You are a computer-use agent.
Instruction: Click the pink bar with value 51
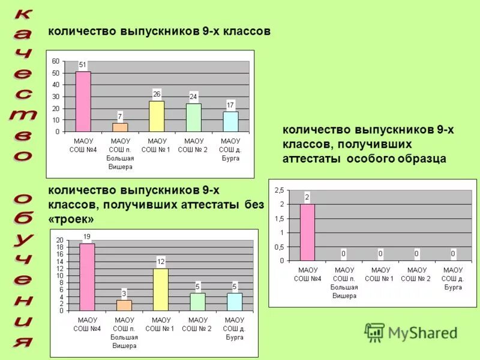[x=83, y=101]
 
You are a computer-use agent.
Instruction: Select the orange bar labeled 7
[x=120, y=127]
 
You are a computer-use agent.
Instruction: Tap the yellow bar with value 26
[x=157, y=116]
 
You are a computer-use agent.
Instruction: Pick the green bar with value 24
[x=193, y=118]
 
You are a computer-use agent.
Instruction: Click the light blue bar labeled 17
[x=230, y=121]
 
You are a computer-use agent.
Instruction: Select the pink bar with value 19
[x=87, y=277]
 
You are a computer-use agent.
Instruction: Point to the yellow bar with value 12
[x=160, y=289]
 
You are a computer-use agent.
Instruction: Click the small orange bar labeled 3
[x=124, y=305]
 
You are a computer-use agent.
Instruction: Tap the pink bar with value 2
[x=307, y=232]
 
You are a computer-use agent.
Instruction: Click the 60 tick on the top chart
[x=56, y=61]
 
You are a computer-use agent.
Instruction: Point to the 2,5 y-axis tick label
[x=279, y=190]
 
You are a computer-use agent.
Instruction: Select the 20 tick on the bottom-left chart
[x=59, y=241]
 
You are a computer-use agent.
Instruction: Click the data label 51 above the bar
[x=83, y=65]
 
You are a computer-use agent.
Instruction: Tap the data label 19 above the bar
[x=87, y=236]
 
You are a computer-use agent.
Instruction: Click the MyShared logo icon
[x=375, y=332]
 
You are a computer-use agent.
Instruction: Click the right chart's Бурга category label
[x=453, y=287]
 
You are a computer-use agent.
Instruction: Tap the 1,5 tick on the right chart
[x=279, y=218]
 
